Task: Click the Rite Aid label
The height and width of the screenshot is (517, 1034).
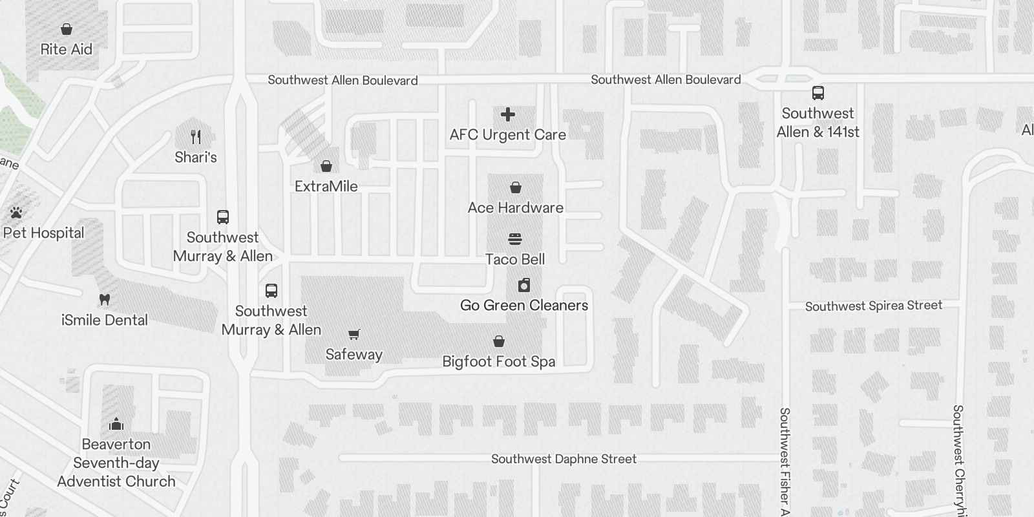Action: (66, 49)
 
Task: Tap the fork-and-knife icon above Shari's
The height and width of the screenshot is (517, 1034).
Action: (196, 137)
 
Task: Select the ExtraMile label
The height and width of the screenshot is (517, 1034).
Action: (326, 186)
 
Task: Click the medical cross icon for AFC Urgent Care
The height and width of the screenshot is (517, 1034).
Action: (508, 115)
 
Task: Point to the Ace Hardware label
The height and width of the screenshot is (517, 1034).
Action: (515, 207)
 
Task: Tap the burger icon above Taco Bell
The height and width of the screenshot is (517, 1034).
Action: (515, 240)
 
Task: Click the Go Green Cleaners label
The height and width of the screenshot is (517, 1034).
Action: (524, 305)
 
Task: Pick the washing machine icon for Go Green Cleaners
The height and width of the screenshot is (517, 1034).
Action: (524, 285)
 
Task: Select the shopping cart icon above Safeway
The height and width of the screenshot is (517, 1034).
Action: (353, 335)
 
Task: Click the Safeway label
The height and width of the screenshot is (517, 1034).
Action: (353, 354)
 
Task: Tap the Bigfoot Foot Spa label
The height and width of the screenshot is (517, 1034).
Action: (498, 361)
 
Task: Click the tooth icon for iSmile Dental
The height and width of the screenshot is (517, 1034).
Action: (104, 300)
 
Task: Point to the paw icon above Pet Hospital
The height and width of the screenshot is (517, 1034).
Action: (16, 213)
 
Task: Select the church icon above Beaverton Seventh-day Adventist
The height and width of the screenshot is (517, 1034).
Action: (116, 424)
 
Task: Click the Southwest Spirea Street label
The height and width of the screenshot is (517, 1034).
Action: (873, 306)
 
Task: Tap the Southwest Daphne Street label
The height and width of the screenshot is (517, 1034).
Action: (564, 459)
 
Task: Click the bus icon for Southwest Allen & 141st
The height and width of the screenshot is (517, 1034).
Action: (818, 93)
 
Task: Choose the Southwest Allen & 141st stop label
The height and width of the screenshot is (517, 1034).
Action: (818, 122)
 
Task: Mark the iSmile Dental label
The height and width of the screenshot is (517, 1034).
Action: (104, 320)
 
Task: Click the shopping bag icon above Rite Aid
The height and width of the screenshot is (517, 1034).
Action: (66, 29)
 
